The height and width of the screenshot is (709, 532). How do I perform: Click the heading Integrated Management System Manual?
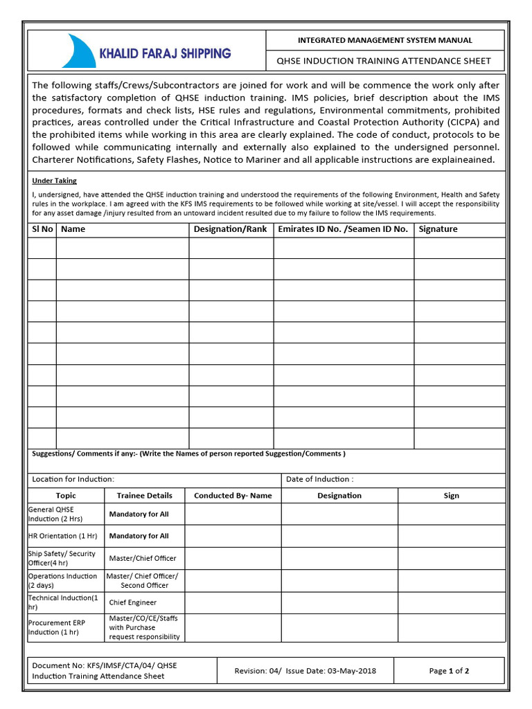click(384, 41)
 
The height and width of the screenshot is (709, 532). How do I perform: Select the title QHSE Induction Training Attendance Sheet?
click(384, 61)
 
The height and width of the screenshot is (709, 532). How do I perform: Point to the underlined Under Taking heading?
click(55, 181)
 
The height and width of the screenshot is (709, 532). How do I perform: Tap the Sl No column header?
click(42, 229)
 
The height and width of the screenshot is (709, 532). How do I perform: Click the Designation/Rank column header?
click(230, 229)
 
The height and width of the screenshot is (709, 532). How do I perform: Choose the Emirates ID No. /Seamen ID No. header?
click(343, 229)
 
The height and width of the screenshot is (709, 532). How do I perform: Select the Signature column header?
click(438, 229)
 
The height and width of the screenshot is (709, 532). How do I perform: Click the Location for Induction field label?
click(73, 479)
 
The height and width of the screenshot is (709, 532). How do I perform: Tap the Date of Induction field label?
click(319, 479)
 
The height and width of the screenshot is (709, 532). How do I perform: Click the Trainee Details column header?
click(144, 496)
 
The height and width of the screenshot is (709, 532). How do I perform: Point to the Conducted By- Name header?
click(233, 496)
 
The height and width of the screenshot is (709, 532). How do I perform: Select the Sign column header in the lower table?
click(451, 496)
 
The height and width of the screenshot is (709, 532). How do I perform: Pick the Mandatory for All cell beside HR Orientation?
click(139, 536)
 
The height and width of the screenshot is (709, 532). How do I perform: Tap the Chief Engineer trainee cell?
click(133, 602)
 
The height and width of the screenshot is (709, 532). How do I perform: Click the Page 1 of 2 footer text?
click(449, 671)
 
